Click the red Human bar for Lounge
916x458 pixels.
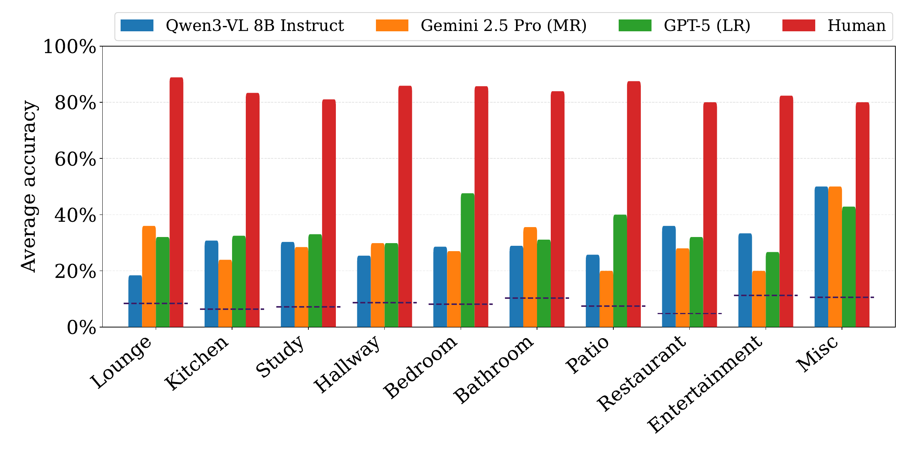click(x=176, y=202)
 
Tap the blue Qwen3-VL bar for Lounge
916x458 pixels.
click(x=135, y=301)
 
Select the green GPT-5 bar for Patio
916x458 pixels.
click(x=620, y=271)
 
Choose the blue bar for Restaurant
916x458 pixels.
click(x=669, y=276)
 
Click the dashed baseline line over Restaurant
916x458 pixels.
click(x=689, y=314)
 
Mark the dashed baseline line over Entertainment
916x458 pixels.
click(x=766, y=295)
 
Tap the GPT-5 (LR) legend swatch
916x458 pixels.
click(x=635, y=26)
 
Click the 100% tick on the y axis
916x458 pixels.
click(x=69, y=47)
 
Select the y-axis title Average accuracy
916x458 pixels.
click(x=29, y=186)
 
